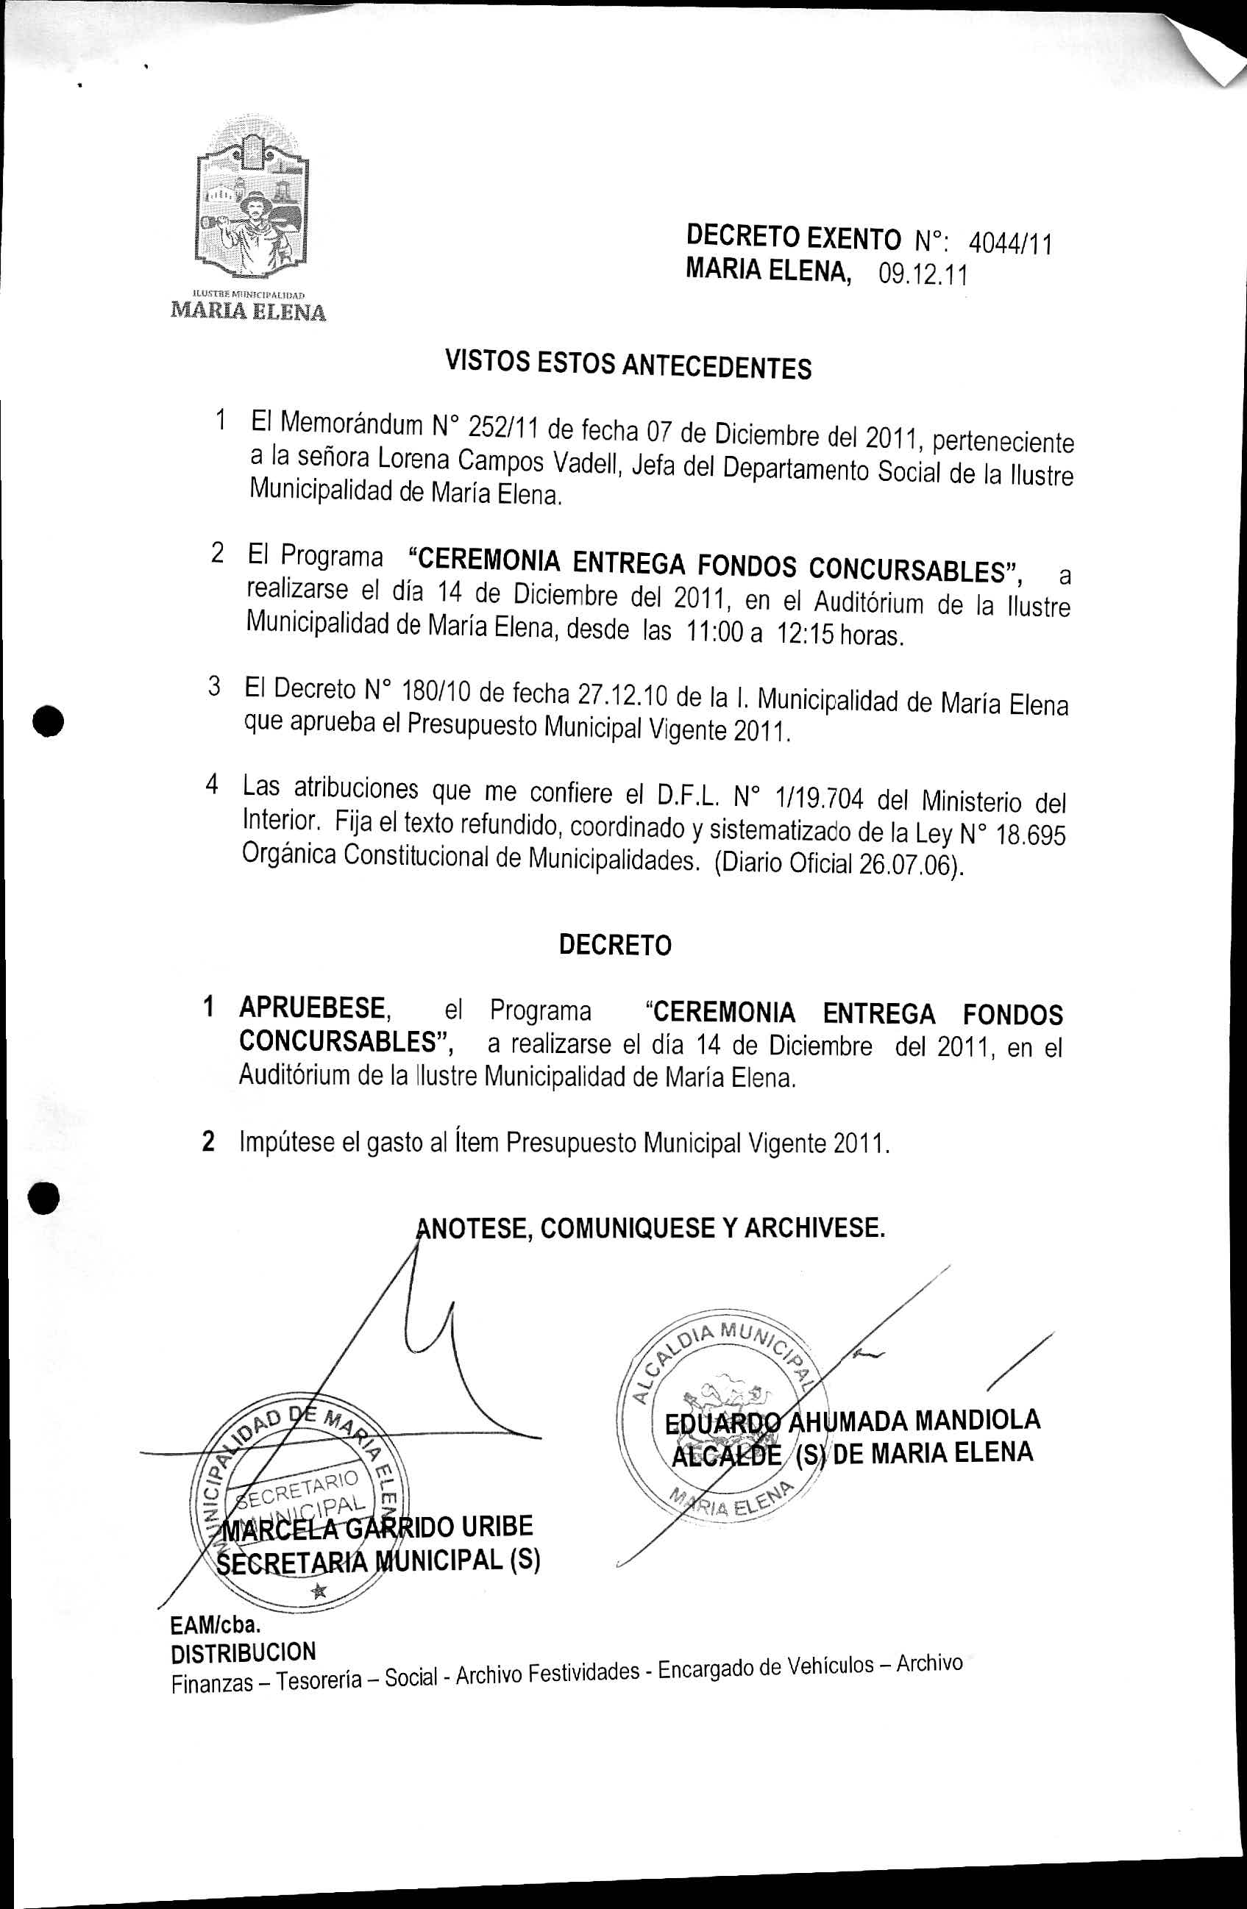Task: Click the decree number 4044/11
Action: tap(1010, 243)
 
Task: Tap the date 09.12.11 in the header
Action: tap(923, 275)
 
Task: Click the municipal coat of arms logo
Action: tap(252, 201)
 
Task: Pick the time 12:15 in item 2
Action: tap(803, 634)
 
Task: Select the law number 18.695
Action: tap(1031, 835)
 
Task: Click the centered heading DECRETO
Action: tap(615, 945)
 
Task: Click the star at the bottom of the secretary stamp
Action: tap(319, 1591)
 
